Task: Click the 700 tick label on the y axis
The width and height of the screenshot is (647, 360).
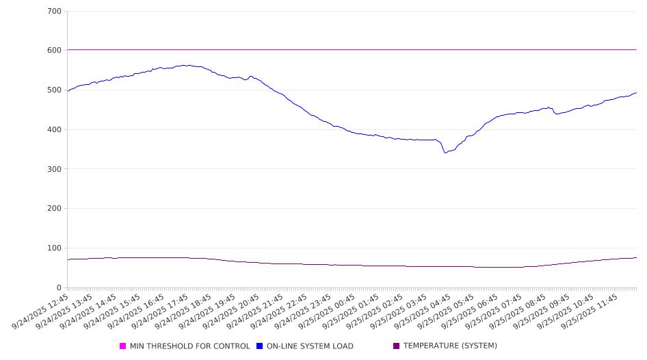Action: coord(55,12)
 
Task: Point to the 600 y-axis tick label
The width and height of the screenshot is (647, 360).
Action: coord(55,51)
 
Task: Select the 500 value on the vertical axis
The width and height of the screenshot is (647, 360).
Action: coord(55,90)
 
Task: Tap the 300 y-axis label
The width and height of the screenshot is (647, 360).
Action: coord(55,169)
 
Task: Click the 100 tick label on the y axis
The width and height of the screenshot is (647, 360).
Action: coord(55,248)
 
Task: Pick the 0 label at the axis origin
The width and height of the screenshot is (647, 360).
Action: coord(60,288)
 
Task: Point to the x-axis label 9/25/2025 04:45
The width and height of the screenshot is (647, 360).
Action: coord(423,311)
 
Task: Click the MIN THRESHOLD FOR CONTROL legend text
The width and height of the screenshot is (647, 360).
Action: coord(189,346)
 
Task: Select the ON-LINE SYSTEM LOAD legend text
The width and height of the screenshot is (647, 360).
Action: coord(310,346)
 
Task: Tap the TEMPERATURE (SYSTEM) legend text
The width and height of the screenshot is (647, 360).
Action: coord(450,346)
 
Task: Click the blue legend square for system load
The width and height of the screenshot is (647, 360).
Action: coord(260,346)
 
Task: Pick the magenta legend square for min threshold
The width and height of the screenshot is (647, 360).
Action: coord(123,346)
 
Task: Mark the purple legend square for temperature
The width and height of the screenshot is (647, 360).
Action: coord(397,346)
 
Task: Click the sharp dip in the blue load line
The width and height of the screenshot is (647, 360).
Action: coord(445,152)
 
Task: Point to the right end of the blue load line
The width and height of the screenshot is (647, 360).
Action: coord(636,92)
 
